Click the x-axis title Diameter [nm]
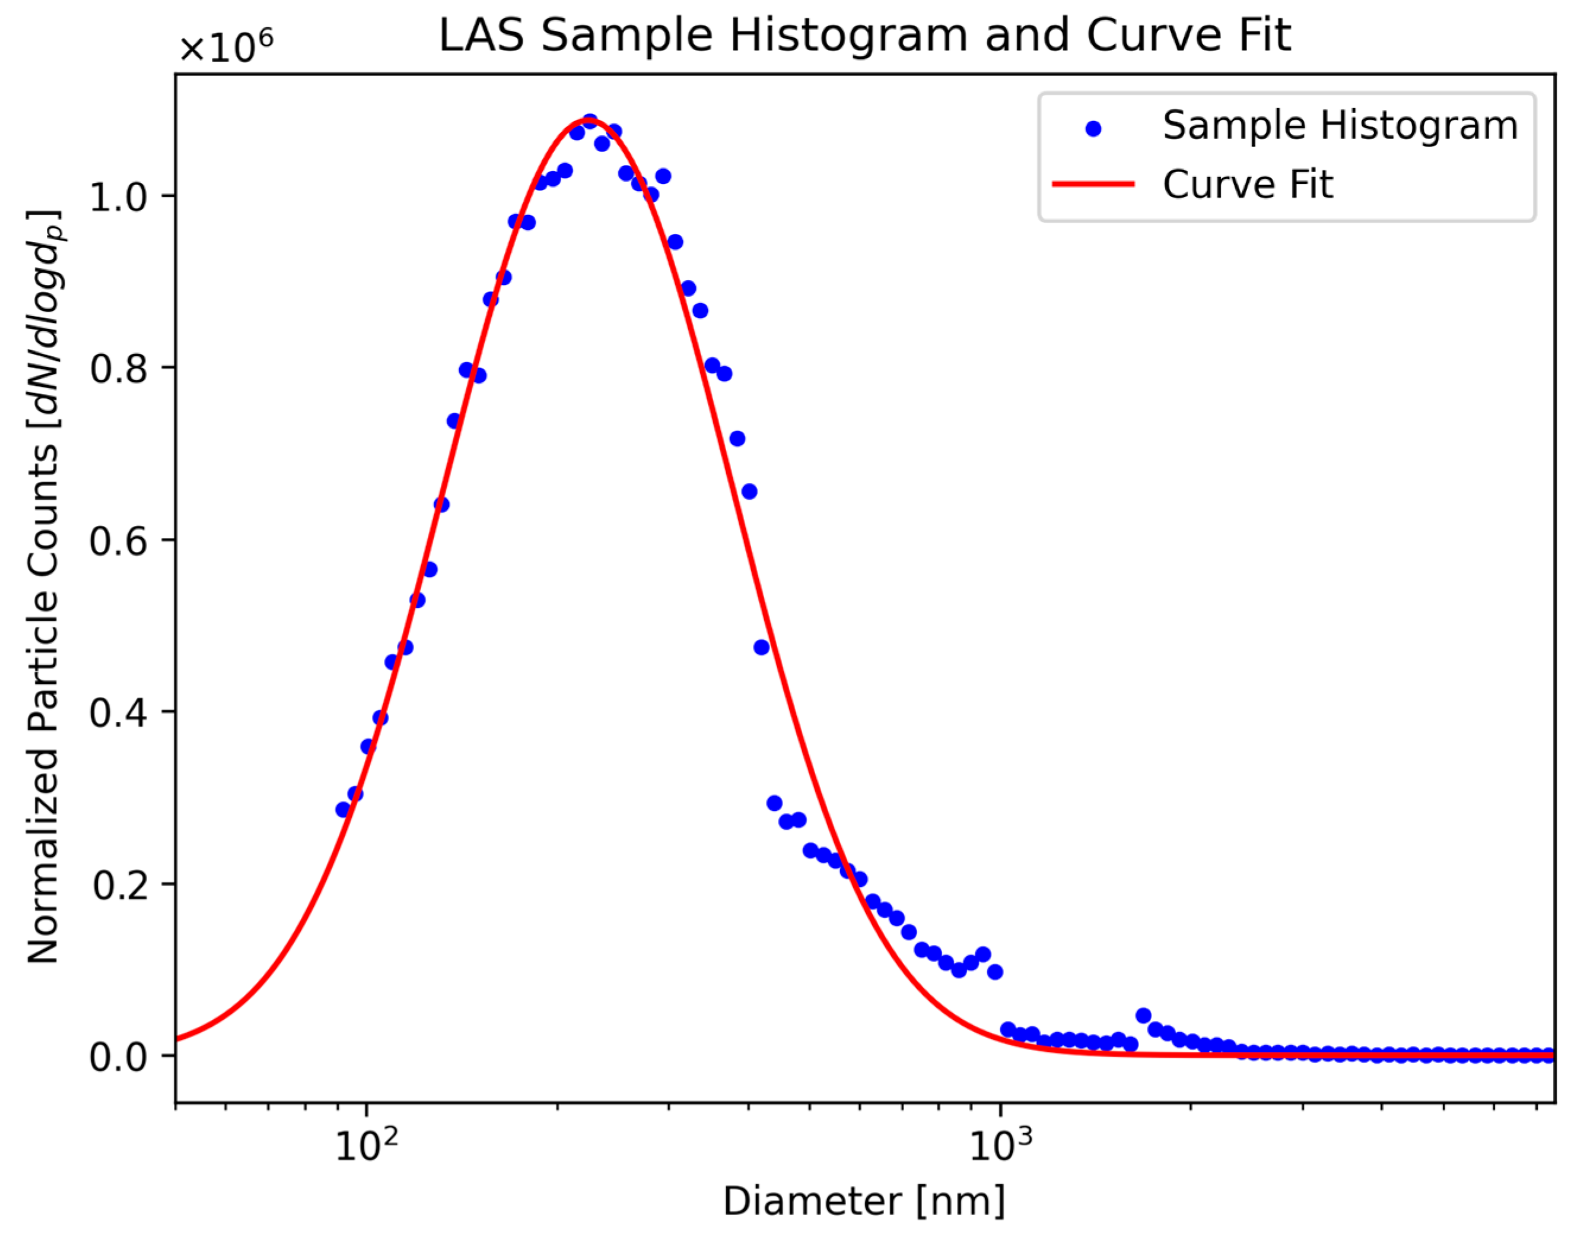pyautogui.click(x=864, y=1201)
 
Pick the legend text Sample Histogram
pyautogui.click(x=1340, y=126)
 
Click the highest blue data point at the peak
pyautogui.click(x=590, y=120)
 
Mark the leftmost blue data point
pyautogui.click(x=342, y=810)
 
